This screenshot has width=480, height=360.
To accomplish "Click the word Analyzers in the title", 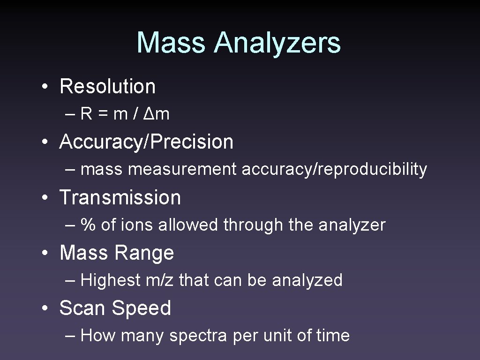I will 277,43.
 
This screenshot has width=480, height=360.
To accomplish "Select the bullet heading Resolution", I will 107,86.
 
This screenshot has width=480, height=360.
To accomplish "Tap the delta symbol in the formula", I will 149,114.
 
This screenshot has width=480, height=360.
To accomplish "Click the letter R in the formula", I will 86,114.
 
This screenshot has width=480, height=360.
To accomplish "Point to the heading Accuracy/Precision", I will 146,142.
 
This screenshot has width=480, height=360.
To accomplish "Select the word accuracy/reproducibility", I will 334,170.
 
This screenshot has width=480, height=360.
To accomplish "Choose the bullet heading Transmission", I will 120,197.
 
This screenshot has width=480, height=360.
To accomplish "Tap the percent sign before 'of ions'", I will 88,225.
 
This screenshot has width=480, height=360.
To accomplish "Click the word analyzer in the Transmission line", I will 352,225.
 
